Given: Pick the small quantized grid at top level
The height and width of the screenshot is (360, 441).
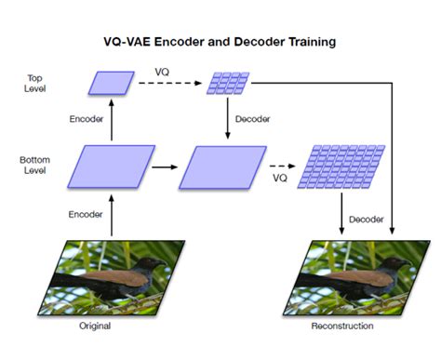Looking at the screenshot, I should [x=226, y=83].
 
